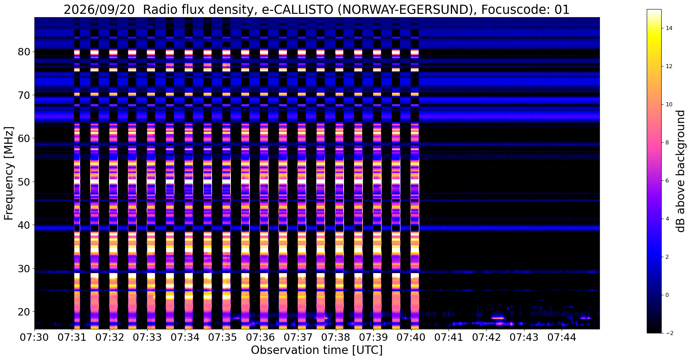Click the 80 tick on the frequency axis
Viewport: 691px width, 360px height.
pyautogui.click(x=24, y=52)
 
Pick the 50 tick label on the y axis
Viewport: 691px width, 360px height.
pyautogui.click(x=24, y=182)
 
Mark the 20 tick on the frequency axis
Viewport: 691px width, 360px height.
pyautogui.click(x=24, y=312)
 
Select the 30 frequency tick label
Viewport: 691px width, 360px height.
pyautogui.click(x=24, y=269)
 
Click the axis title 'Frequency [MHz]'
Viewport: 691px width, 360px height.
pyautogui.click(x=9, y=173)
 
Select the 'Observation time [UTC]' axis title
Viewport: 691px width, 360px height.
pyautogui.click(x=317, y=350)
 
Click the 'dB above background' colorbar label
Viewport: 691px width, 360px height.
pyautogui.click(x=681, y=171)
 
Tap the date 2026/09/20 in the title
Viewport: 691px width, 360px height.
pyautogui.click(x=99, y=10)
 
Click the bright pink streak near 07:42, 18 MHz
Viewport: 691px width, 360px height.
pyautogui.click(x=498, y=318)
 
